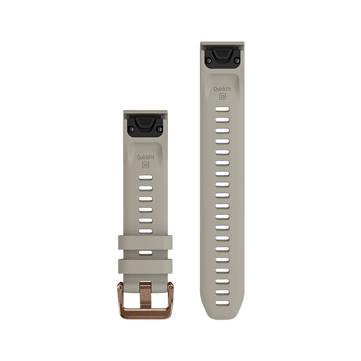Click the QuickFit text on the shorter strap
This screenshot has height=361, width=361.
click(x=146, y=158)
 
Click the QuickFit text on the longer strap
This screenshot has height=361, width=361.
click(x=222, y=89)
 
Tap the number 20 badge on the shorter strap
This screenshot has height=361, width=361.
click(x=146, y=165)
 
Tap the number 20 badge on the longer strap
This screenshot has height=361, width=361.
click(x=223, y=96)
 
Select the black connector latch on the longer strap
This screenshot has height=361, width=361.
click(x=222, y=57)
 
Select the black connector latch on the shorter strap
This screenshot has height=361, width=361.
click(x=146, y=126)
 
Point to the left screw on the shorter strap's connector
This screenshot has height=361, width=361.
click(x=132, y=129)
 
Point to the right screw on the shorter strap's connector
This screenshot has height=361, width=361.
click(x=159, y=129)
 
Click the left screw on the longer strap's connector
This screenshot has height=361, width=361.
click(x=209, y=60)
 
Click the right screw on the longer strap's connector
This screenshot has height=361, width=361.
click(x=236, y=60)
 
